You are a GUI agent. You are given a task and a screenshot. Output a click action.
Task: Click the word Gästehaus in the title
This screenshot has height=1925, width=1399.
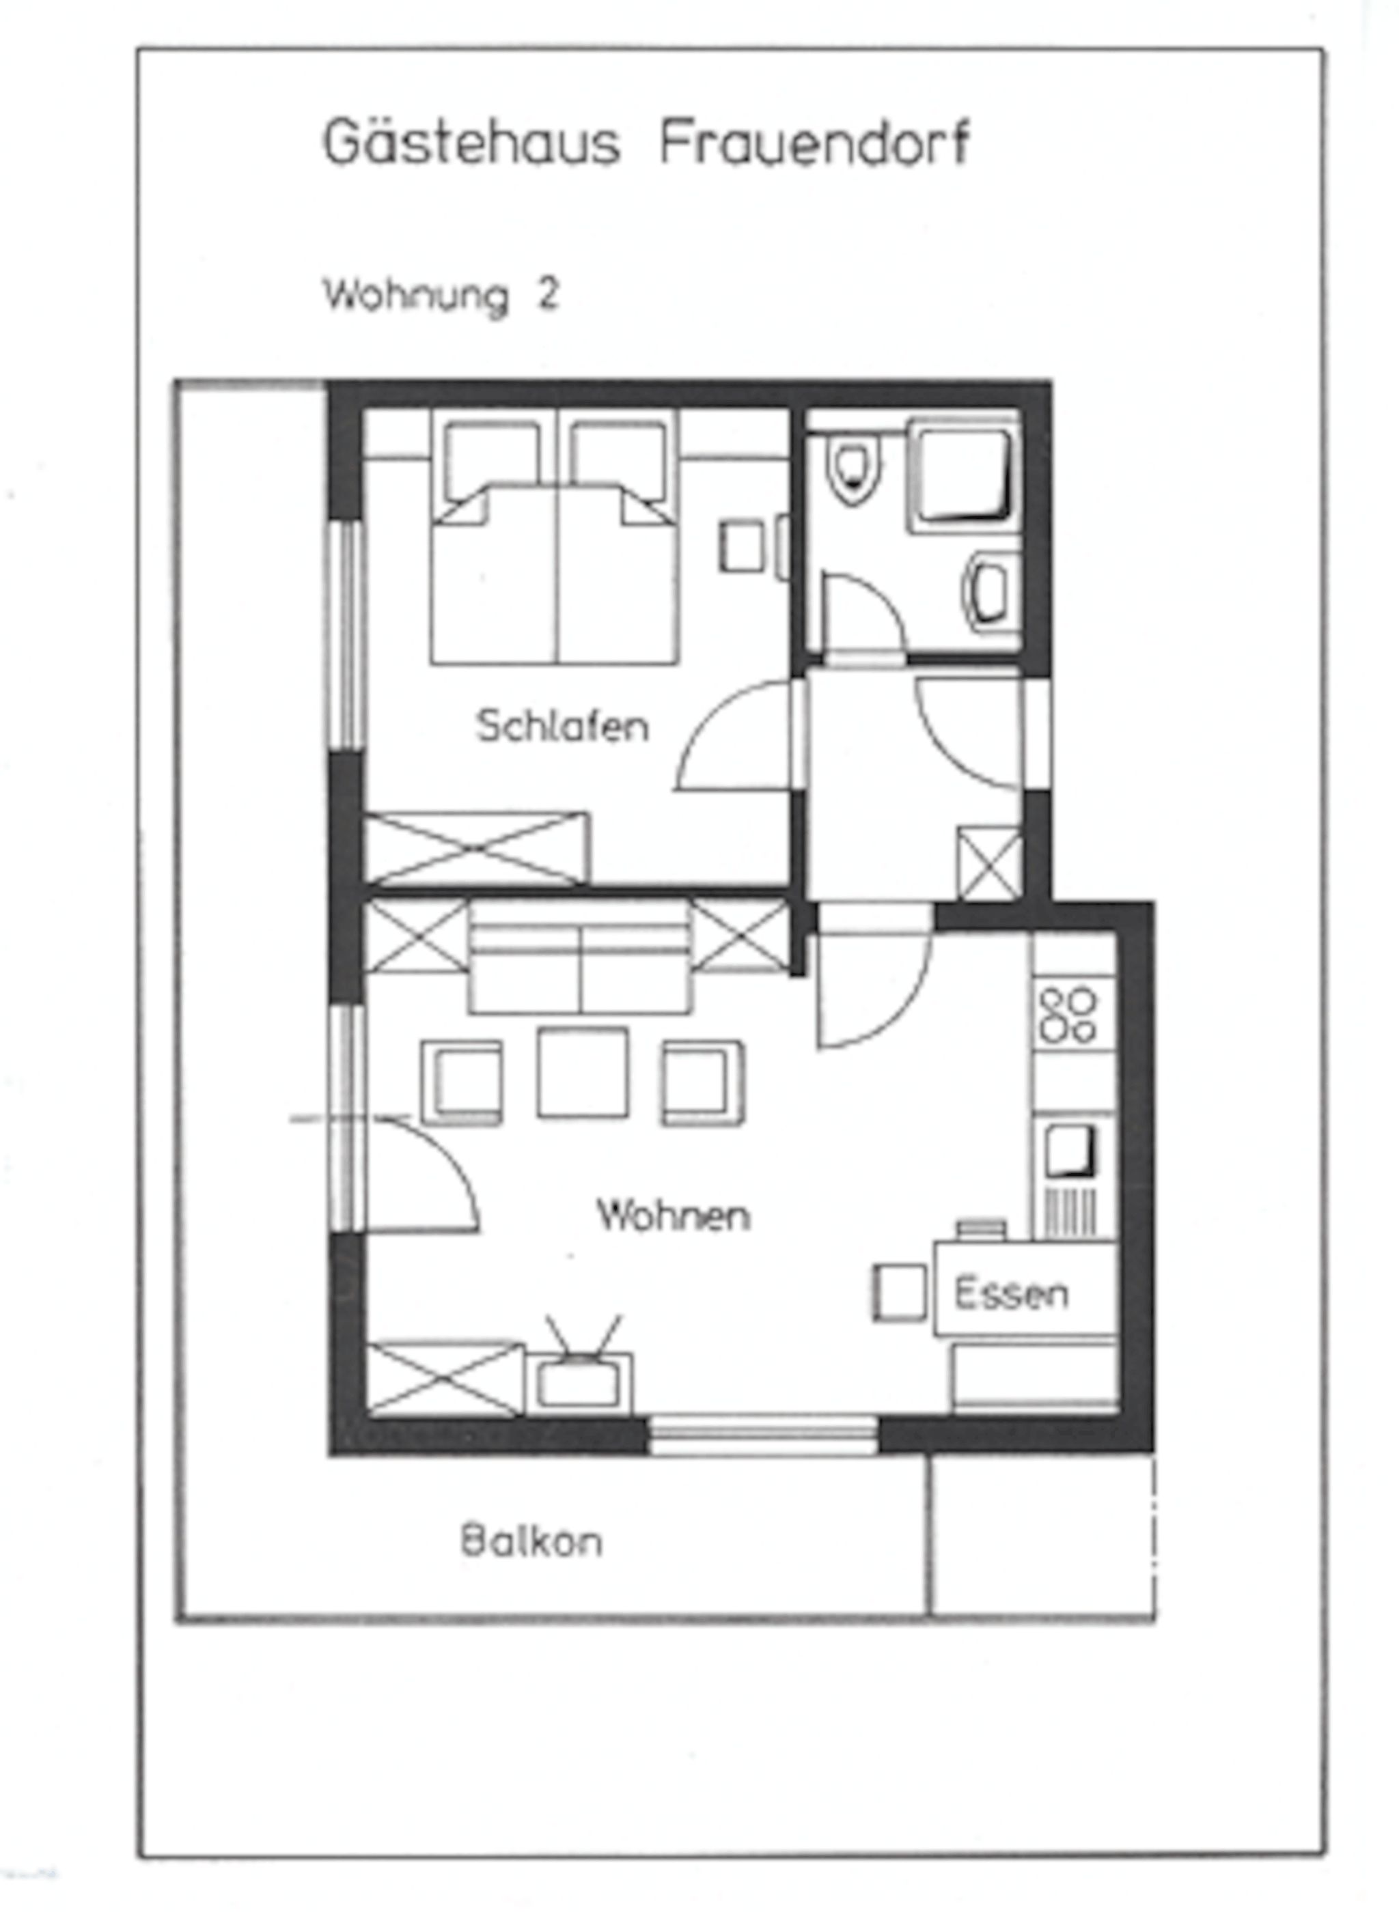(471, 143)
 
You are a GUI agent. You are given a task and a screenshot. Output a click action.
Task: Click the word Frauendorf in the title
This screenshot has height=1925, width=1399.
(814, 143)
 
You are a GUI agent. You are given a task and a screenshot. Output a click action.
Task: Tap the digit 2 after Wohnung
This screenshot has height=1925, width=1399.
(548, 294)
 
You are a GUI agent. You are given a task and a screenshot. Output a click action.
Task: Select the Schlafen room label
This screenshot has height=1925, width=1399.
(562, 727)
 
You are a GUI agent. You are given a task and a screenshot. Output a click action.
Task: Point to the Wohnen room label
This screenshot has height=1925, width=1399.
(674, 1216)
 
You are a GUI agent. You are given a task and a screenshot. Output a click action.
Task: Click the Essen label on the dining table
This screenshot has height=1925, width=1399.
(1010, 1293)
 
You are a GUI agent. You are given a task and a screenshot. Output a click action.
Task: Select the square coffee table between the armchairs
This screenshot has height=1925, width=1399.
(583, 1073)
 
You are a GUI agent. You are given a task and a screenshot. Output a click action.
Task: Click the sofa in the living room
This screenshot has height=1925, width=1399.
(580, 957)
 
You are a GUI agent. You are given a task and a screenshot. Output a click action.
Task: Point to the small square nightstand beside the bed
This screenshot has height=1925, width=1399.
(742, 546)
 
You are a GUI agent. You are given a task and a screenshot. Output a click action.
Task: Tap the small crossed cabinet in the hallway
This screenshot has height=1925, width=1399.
(989, 863)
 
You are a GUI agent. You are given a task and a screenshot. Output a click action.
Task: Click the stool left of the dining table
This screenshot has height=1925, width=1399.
(900, 1293)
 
